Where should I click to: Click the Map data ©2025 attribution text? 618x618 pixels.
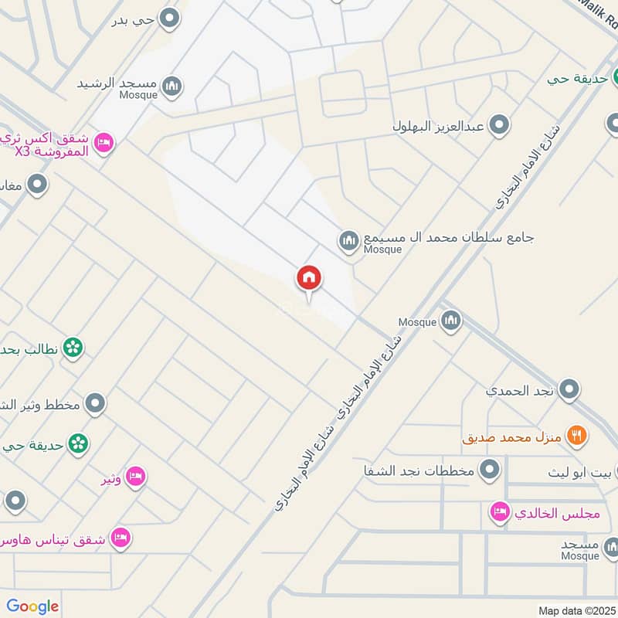576,610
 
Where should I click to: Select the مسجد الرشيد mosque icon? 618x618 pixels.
173,86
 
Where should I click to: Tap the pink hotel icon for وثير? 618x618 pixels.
135,477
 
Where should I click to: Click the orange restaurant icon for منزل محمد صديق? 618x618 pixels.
576,436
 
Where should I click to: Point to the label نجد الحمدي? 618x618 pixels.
520,390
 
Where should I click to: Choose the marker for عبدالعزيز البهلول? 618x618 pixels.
501,124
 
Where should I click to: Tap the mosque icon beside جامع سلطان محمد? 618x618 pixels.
348,242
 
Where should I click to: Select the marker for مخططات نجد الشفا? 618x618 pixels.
489,469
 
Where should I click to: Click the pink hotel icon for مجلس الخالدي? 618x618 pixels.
500,511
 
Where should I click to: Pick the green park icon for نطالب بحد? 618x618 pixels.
73,348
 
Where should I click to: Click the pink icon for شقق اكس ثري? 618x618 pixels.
105,142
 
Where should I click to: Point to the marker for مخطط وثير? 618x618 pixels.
95,402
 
